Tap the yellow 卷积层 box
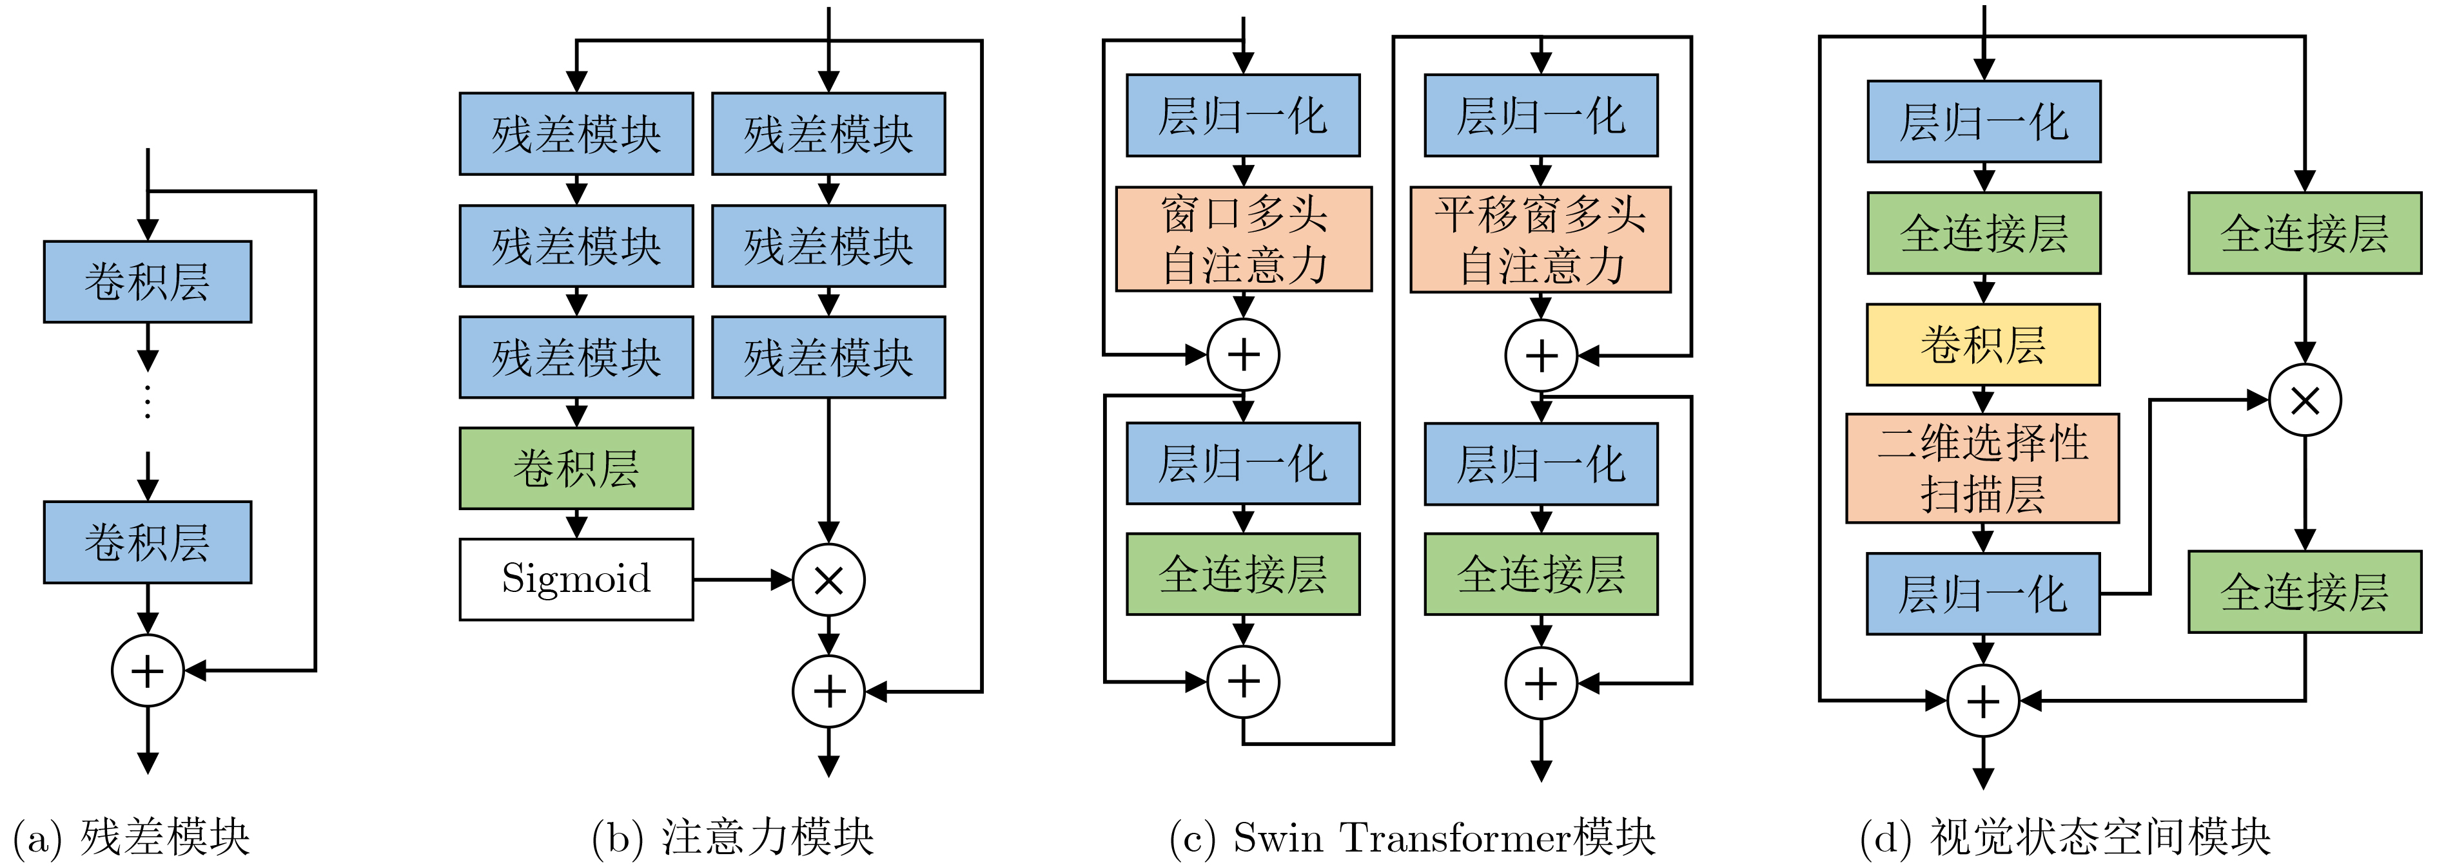[1983, 344]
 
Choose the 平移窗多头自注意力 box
[1540, 239]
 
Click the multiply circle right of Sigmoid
[828, 580]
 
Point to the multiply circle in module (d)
[2305, 400]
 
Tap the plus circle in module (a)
[148, 671]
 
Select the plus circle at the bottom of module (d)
[1983, 701]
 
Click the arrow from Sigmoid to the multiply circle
[743, 580]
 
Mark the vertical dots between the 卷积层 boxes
[148, 402]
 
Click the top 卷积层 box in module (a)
[148, 281]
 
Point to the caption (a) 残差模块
[132, 837]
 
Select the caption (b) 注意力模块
[732, 837]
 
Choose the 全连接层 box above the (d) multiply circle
[2305, 233]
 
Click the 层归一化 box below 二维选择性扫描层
[1983, 594]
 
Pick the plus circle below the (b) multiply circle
[828, 691]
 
